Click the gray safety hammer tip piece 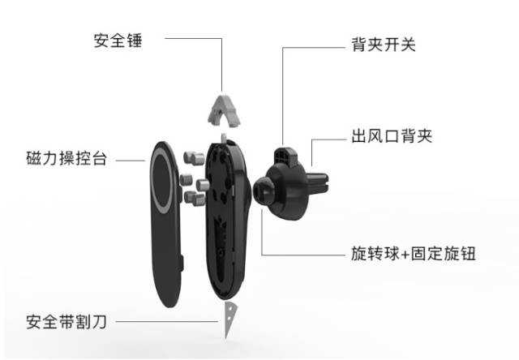pyautogui.click(x=224, y=109)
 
